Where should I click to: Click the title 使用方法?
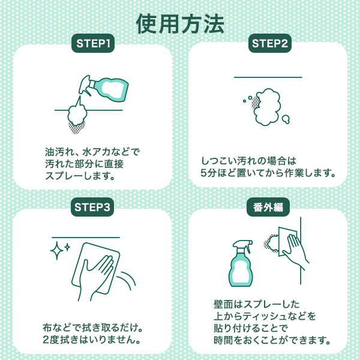pos(180,24)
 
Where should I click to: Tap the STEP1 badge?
pos(93,43)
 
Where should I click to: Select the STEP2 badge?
pos(270,43)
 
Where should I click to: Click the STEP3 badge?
pos(92,207)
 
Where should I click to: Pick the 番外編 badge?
pos(268,207)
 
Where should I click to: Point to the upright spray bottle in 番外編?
pos(241,263)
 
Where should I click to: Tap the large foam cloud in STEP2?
pos(268,107)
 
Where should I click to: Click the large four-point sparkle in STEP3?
pos(57,250)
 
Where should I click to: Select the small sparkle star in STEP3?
pos(67,247)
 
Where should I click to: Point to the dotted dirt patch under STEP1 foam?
pos(77,127)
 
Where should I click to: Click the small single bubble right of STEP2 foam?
pos(286,119)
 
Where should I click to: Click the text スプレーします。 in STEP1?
pos(80,176)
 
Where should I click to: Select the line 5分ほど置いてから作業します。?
pos(268,173)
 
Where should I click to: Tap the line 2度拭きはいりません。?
pos(92,340)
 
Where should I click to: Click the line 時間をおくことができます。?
pos(272,340)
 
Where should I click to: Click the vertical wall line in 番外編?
pos(301,250)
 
